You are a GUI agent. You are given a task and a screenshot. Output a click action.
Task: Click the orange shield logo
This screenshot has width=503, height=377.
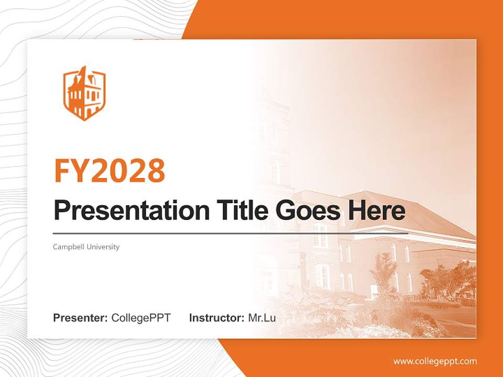84,93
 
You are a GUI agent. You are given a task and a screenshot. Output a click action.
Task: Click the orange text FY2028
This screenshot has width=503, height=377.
110,171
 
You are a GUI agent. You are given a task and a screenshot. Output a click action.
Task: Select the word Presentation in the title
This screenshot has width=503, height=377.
124,210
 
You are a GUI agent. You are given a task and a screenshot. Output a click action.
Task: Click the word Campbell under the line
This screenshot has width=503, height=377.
67,247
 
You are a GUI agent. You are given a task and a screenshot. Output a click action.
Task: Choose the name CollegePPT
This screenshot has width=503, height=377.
141,318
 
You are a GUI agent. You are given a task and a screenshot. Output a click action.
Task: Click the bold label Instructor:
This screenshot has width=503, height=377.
216,318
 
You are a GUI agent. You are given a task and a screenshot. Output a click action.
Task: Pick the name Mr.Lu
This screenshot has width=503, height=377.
262,318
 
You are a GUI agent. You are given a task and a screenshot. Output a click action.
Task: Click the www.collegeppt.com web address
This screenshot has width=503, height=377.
435,361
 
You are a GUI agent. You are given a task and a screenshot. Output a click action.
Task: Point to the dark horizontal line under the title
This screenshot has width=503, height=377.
231,233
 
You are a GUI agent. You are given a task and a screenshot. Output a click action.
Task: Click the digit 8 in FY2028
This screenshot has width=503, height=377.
155,171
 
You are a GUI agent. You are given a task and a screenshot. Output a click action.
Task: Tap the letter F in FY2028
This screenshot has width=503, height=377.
62,171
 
